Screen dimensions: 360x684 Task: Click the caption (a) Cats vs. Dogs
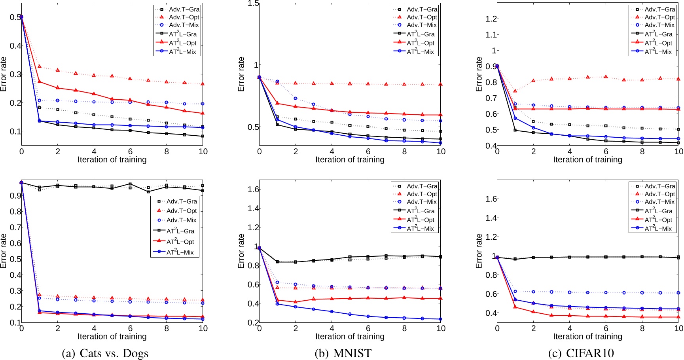tap(105, 353)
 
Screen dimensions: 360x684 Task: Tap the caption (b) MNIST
tap(343, 353)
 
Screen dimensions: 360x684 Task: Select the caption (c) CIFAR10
tap(581, 353)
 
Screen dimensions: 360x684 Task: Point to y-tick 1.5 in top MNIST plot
tap(253, 4)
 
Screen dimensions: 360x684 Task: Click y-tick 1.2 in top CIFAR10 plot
tap(491, 19)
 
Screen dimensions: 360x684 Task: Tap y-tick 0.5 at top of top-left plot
tap(15, 17)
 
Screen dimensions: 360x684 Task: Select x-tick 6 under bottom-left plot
tap(130, 328)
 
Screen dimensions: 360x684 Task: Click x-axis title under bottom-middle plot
tap(350, 336)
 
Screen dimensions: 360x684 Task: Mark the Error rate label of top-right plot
tap(479, 74)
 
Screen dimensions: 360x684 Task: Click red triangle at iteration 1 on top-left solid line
tap(40, 81)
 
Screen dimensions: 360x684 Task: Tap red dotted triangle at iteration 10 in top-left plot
tap(203, 84)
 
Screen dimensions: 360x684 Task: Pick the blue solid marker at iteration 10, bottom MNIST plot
tap(440, 319)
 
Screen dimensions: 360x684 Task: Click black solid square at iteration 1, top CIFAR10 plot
tap(515, 130)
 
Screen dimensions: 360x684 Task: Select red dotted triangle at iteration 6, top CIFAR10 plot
tap(606, 77)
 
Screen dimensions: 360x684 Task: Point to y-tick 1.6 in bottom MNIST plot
tap(253, 189)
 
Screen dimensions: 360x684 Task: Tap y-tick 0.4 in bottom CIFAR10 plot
tap(491, 313)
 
